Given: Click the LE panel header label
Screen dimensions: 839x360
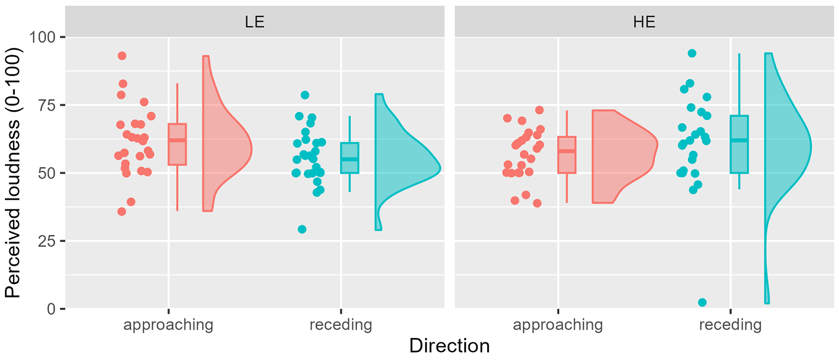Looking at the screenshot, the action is (255, 22).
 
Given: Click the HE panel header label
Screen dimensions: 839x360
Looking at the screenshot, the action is (644, 22).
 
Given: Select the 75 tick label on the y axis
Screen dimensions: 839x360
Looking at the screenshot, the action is (46, 105).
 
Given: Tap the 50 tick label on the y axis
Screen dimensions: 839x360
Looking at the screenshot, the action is (46, 173).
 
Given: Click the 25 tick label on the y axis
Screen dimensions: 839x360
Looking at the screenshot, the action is (46, 241).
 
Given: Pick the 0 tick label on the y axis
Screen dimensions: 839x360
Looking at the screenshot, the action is (51, 309).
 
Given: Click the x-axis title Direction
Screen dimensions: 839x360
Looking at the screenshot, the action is (449, 346).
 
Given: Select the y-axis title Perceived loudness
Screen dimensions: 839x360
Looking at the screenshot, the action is (13, 172).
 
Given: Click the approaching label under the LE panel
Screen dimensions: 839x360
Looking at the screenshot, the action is (168, 325).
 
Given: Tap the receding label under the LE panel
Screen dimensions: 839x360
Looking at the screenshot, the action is (341, 325).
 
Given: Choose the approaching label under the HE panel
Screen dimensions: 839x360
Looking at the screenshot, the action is (558, 325).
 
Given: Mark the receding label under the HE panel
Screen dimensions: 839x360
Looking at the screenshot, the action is (731, 325).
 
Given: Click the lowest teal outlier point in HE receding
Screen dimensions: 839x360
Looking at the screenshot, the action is (702, 302).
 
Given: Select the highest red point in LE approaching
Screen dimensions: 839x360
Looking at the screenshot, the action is (122, 56).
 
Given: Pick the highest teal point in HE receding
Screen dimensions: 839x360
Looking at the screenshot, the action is (692, 53).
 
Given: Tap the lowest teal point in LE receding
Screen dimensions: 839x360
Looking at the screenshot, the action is (302, 229).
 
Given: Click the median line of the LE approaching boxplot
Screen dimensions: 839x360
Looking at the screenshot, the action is (177, 140).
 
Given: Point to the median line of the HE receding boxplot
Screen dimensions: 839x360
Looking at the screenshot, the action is (739, 140).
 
